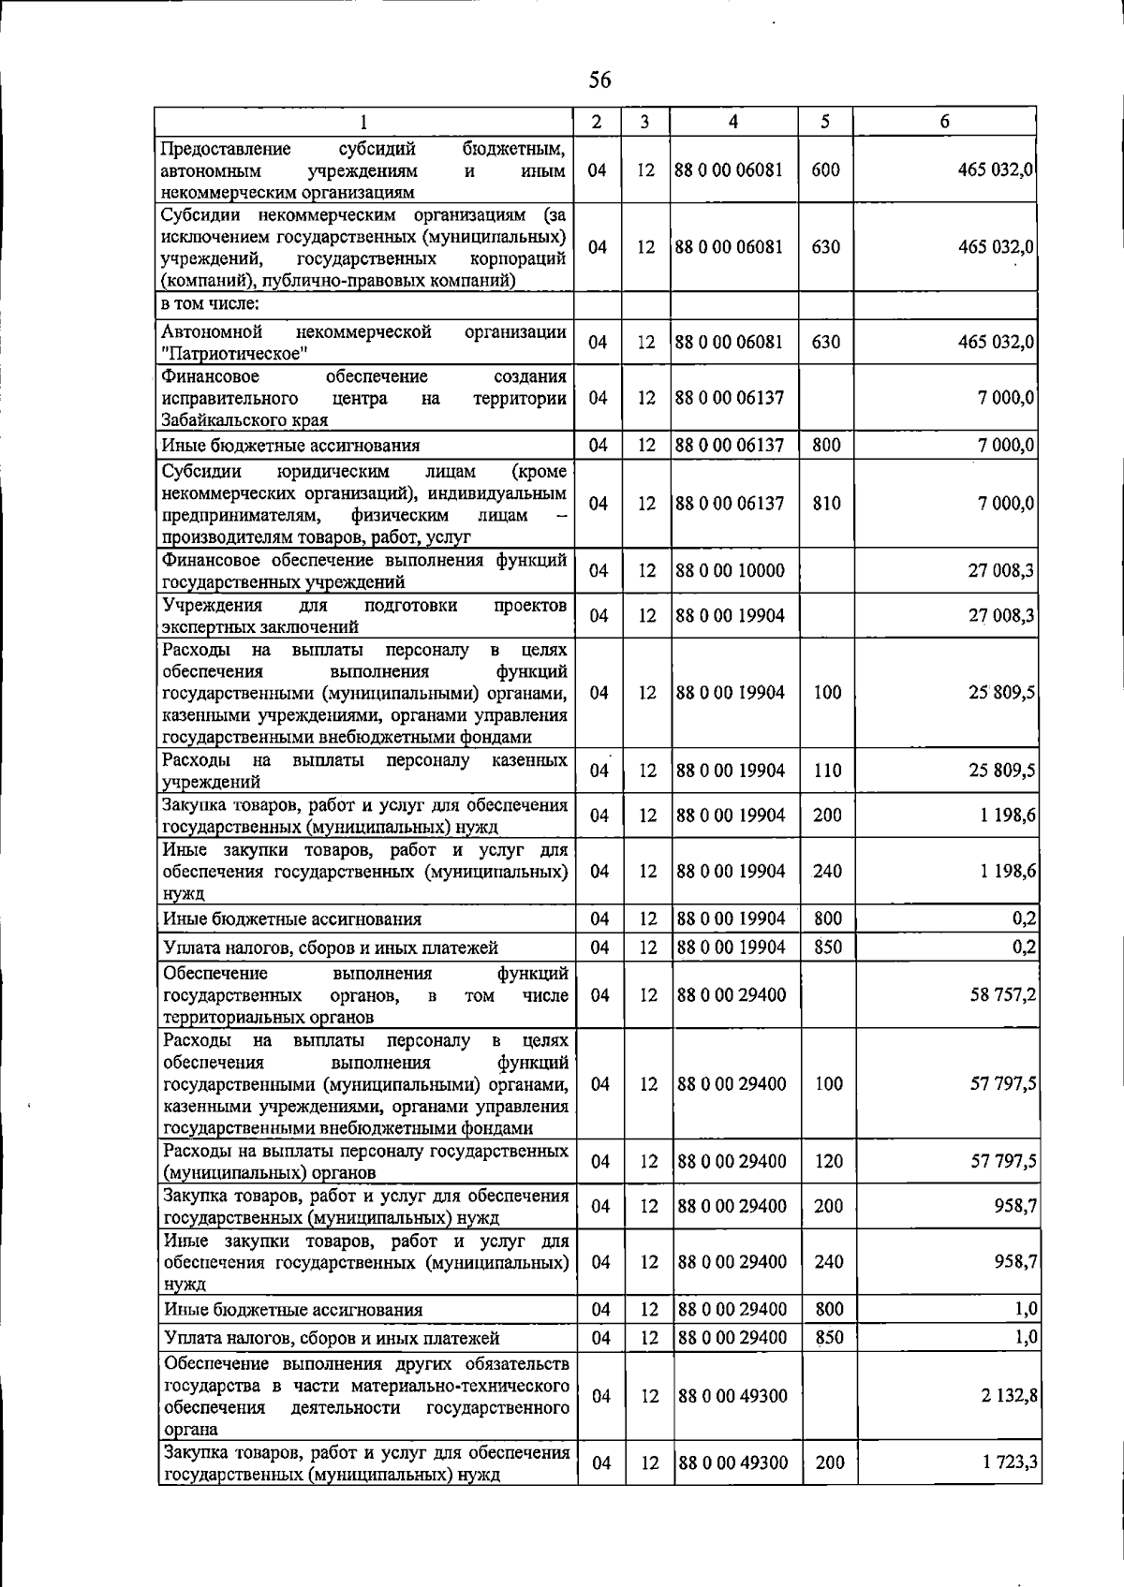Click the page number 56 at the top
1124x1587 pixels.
[x=599, y=81]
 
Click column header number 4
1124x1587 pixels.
[x=733, y=122]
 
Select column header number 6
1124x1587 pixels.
[x=944, y=122]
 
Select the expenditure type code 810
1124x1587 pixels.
[x=827, y=504]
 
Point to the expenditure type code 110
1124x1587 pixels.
[x=828, y=771]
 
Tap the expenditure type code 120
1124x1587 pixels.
[x=829, y=1161]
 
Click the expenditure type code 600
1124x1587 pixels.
[x=825, y=170]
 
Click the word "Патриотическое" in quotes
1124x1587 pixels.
[x=235, y=354]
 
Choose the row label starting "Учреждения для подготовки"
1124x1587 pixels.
[x=363, y=615]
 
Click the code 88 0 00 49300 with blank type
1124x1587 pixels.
[x=732, y=1395]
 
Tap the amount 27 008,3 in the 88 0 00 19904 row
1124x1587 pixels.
[x=1000, y=615]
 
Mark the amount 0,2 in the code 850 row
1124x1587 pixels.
[x=1023, y=947]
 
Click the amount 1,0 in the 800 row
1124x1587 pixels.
[x=1025, y=1309]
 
